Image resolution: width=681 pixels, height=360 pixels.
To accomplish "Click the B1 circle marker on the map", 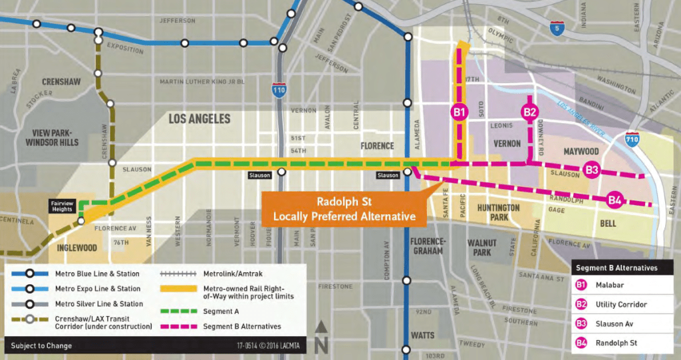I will (x=459, y=112).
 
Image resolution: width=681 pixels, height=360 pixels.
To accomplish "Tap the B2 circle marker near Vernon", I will (x=529, y=112).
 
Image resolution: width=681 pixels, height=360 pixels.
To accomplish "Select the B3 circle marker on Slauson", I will (x=592, y=170).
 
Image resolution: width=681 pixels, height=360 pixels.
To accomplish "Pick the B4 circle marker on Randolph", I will (x=614, y=199).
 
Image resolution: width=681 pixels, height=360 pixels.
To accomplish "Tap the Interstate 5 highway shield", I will (x=557, y=29).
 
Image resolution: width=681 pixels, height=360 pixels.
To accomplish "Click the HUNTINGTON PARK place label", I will (x=498, y=212).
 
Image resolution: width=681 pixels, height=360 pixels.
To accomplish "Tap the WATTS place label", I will (x=423, y=335).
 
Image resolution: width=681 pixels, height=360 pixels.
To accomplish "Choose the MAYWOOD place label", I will (x=581, y=152).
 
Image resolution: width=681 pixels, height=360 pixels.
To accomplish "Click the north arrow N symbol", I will (x=321, y=336).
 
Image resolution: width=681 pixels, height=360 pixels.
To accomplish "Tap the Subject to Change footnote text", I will (x=41, y=345).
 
